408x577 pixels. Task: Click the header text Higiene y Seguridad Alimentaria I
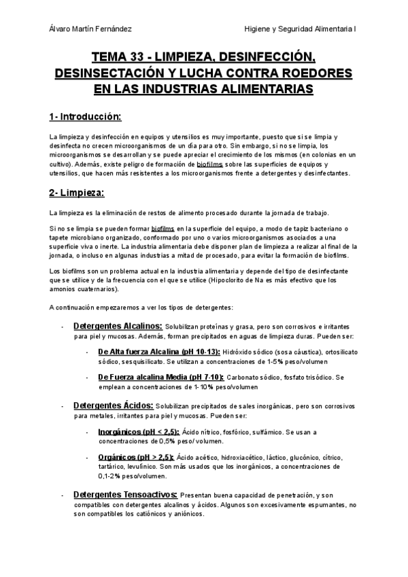click(x=305, y=29)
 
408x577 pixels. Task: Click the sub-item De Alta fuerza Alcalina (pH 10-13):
click(x=159, y=352)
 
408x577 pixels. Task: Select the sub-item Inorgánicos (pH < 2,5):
click(x=138, y=431)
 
